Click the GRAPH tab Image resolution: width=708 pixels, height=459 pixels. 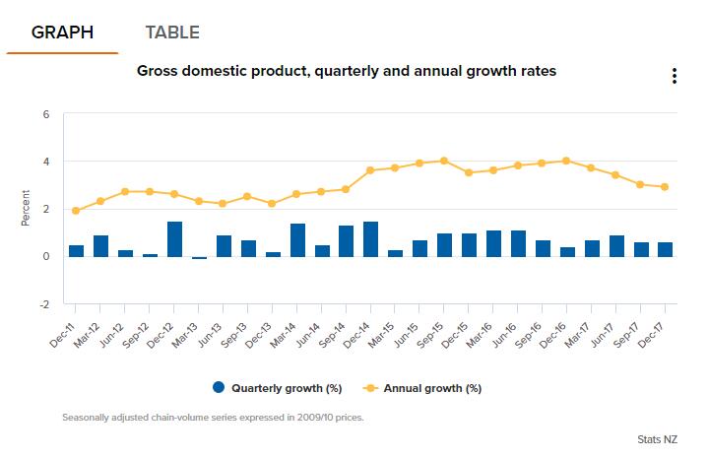click(x=62, y=33)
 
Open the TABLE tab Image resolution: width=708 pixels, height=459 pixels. click(x=172, y=33)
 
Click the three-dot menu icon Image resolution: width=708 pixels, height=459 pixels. click(x=674, y=77)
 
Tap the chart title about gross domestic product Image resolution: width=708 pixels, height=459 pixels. click(x=347, y=71)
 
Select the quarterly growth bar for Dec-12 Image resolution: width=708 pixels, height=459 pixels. click(x=174, y=239)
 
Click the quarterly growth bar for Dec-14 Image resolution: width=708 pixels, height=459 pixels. click(x=371, y=239)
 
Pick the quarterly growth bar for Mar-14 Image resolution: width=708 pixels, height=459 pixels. click(x=297, y=240)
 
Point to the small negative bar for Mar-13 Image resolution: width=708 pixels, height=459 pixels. click(x=199, y=258)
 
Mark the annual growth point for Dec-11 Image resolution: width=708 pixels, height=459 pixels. click(x=77, y=211)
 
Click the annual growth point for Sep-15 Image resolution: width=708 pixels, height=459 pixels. click(x=444, y=161)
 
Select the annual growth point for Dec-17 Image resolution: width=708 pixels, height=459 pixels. click(x=665, y=187)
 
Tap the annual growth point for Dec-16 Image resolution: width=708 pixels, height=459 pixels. click(x=566, y=161)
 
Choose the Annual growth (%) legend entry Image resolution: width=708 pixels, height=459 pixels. click(x=425, y=387)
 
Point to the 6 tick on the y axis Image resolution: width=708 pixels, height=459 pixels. click(x=45, y=114)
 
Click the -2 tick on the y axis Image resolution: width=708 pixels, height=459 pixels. click(x=44, y=304)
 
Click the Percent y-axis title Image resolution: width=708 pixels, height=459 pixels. click(x=26, y=208)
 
